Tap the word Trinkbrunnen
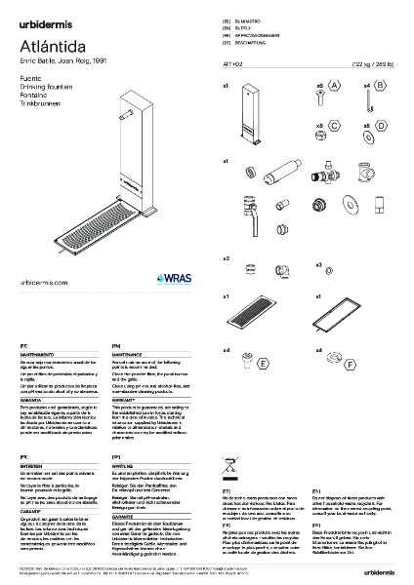pyautogui.click(x=38, y=97)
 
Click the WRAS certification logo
pyautogui.click(x=171, y=277)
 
